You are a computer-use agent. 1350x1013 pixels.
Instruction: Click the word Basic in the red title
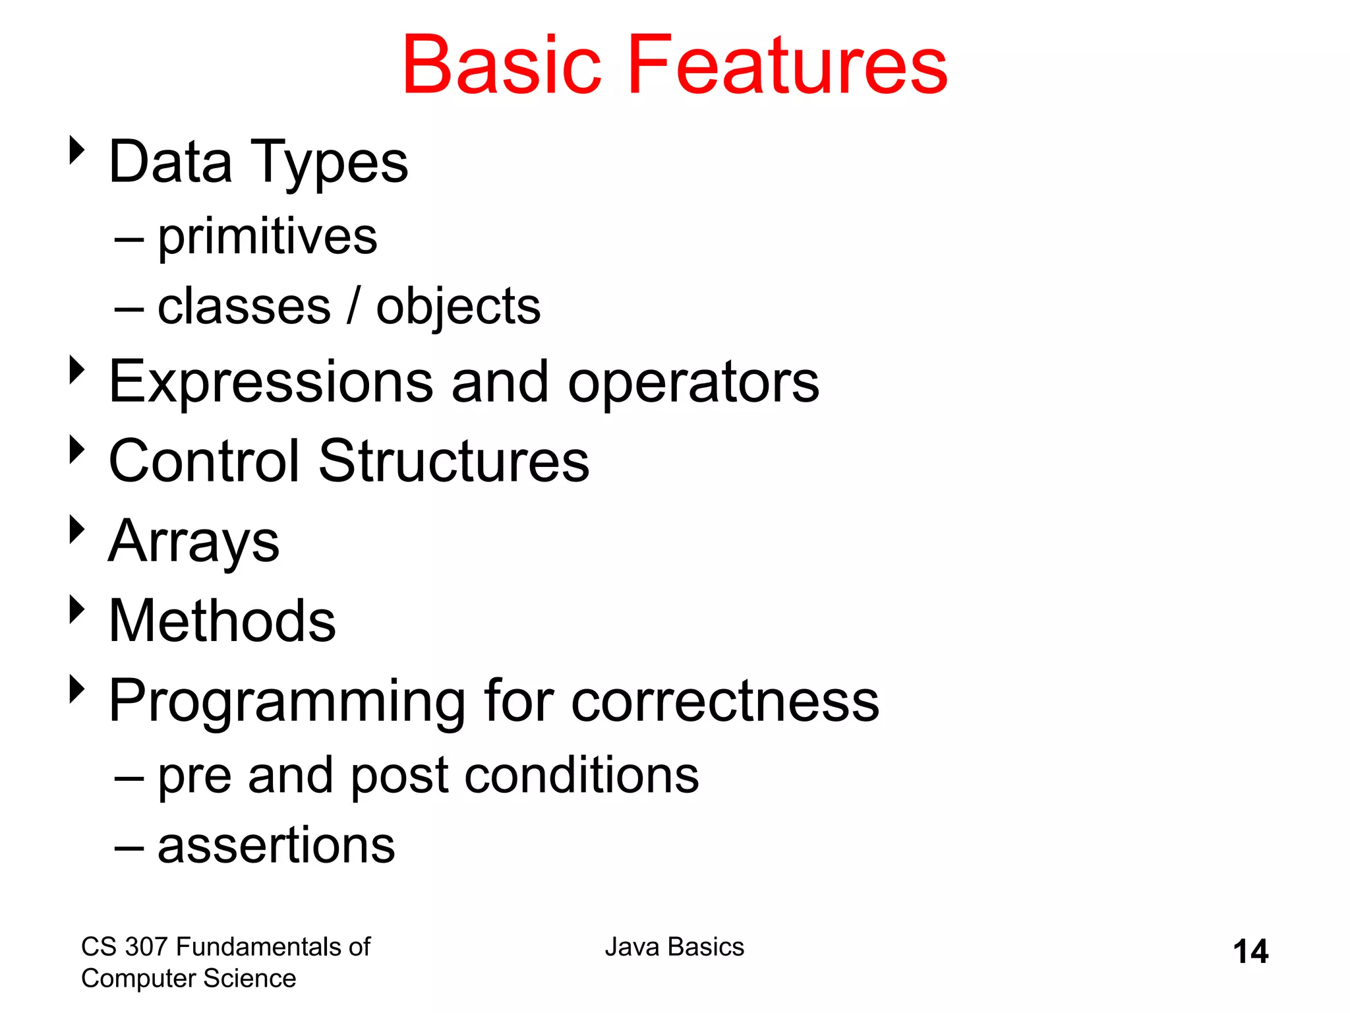pyautogui.click(x=502, y=65)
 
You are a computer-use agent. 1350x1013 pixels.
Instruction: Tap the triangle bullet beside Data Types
pyautogui.click(x=77, y=150)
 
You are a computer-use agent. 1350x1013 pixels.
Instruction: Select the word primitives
pyautogui.click(x=267, y=237)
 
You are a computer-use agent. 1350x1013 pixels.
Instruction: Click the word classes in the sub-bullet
pyautogui.click(x=244, y=307)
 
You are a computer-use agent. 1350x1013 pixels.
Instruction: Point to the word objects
pyautogui.click(x=458, y=308)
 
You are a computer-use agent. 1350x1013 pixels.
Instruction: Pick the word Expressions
pyautogui.click(x=271, y=383)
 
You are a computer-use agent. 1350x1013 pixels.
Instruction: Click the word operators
pyautogui.click(x=693, y=384)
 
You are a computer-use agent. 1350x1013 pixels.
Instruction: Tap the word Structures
pyautogui.click(x=454, y=461)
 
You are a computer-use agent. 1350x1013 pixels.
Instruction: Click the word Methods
pyautogui.click(x=222, y=621)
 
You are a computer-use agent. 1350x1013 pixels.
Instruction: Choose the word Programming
pyautogui.click(x=287, y=702)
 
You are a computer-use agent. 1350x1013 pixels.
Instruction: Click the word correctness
pyautogui.click(x=724, y=701)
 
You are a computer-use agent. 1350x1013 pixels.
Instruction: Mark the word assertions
pyautogui.click(x=276, y=846)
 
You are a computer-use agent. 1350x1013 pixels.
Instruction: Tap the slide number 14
pyautogui.click(x=1250, y=952)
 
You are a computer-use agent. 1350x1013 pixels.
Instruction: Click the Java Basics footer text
pyautogui.click(x=674, y=947)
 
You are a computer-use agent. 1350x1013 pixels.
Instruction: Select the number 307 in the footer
pyautogui.click(x=147, y=947)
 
